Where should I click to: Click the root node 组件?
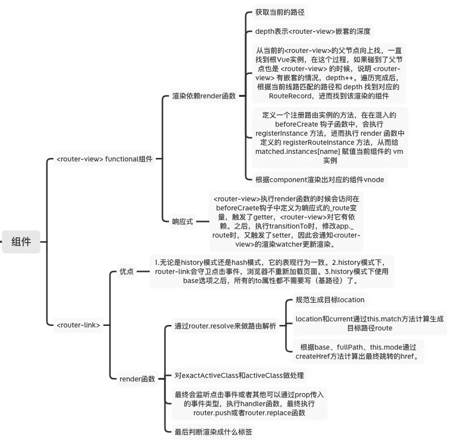[x=21, y=242]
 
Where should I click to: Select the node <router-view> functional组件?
[x=103, y=159]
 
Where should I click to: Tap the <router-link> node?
[x=78, y=325]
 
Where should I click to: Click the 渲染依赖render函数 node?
[x=203, y=96]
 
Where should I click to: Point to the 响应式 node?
[x=183, y=221]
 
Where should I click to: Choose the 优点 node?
[x=126, y=271]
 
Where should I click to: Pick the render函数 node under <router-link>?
[x=137, y=378]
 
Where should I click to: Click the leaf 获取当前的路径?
[x=280, y=12]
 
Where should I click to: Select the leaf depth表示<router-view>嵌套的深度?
[x=313, y=31]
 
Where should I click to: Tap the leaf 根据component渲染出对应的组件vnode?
[x=320, y=179]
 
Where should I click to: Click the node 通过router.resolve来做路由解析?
[x=225, y=326]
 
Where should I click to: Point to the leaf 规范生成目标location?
[x=330, y=300]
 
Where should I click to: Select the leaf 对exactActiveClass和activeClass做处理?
[x=239, y=375]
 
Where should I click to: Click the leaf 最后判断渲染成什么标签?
[x=213, y=432]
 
